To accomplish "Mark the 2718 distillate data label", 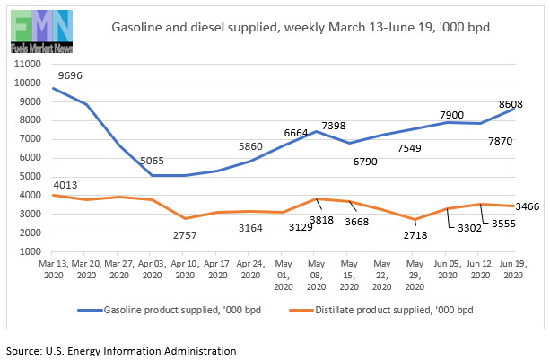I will tap(415, 236).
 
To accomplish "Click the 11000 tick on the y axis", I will tap(30, 64).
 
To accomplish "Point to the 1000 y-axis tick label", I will tap(32, 251).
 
